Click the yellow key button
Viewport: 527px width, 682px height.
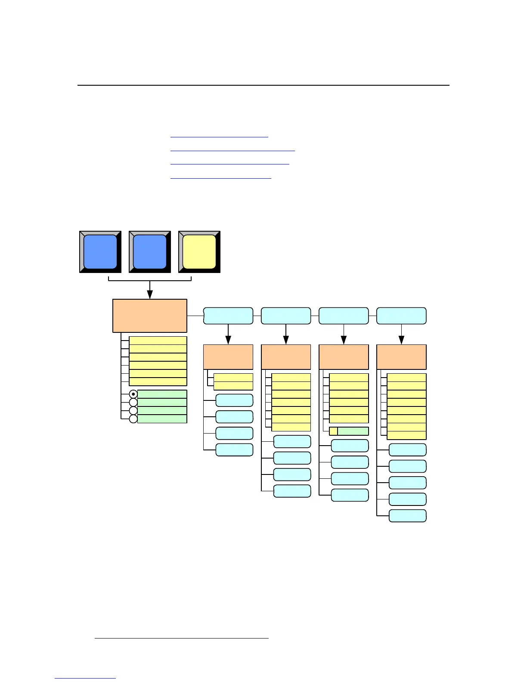199,252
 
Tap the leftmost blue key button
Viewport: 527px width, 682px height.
100,252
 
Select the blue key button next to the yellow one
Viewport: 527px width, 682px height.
150,252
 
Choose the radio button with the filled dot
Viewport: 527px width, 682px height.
133,394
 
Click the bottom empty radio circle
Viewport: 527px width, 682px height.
133,419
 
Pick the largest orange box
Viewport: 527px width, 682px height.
150,316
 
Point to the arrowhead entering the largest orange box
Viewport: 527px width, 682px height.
150,295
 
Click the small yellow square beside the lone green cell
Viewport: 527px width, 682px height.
333,431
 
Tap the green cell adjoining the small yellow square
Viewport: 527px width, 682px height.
353,431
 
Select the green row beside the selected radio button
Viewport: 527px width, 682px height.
162,394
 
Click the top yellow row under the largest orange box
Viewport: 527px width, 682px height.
158,341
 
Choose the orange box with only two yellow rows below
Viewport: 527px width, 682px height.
228,357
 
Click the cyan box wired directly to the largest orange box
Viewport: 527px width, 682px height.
228,316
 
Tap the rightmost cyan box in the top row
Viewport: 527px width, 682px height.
401,316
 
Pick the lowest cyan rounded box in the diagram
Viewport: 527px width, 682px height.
408,516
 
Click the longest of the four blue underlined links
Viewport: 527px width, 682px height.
232,150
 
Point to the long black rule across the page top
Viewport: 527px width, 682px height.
263,85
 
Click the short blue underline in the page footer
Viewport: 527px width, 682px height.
85,678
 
